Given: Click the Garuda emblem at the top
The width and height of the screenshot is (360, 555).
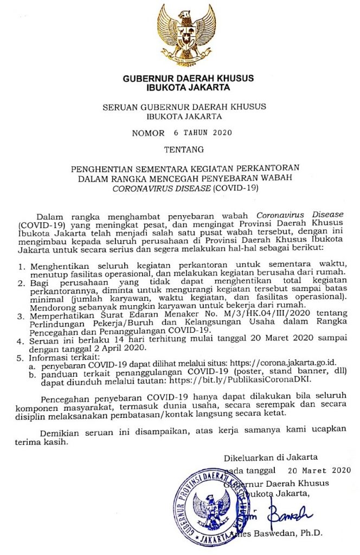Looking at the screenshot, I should tap(184, 34).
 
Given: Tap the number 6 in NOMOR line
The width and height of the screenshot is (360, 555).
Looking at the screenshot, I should tap(176, 132).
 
